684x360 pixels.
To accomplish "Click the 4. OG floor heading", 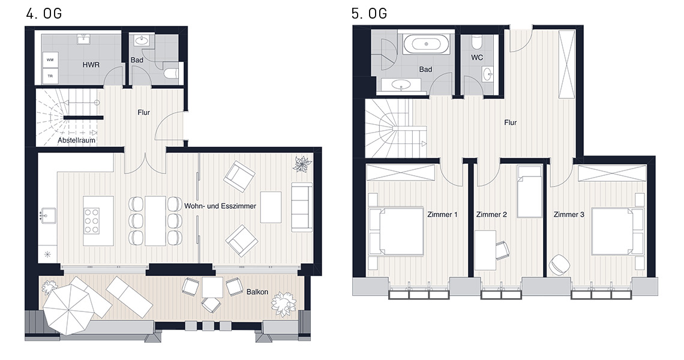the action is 44,14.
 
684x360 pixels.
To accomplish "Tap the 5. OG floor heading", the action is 369,14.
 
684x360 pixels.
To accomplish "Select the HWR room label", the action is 91,65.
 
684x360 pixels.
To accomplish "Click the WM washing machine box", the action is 50,60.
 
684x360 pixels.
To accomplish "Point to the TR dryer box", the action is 50,76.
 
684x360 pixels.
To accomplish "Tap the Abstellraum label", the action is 76,140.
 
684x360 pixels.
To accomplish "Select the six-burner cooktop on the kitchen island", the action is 92,221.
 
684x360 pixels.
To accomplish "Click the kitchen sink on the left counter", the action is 48,215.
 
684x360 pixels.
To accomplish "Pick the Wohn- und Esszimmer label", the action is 220,206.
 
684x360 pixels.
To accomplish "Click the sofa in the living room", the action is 302,207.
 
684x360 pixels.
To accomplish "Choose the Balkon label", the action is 257,292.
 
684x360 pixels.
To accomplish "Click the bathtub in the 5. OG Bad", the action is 426,44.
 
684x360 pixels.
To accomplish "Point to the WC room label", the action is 477,58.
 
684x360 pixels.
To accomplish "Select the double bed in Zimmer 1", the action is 396,231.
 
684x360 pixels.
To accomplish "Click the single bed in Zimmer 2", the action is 529,191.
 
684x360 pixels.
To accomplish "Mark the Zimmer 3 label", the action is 569,215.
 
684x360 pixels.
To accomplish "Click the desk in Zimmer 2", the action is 485,250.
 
